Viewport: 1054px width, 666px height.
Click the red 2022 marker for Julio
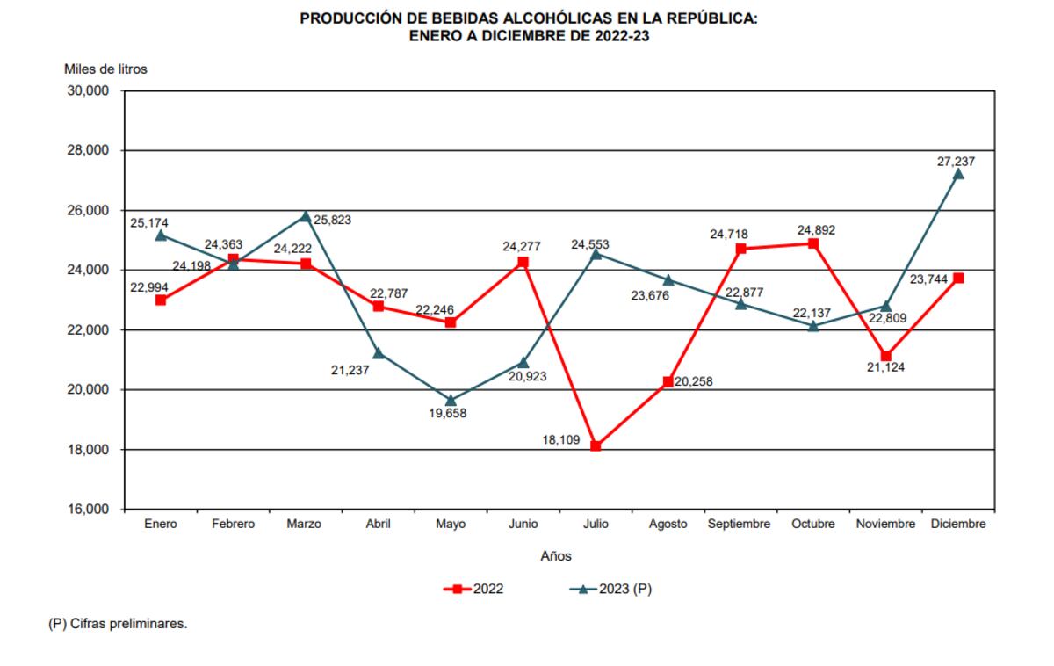pyautogui.click(x=596, y=446)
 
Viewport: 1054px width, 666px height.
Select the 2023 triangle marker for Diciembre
pyautogui.click(x=958, y=174)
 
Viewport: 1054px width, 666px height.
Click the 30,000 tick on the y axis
pyautogui.click(x=87, y=90)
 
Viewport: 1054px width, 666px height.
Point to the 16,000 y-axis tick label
pyautogui.click(x=87, y=510)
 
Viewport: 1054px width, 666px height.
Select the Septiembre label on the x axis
pyautogui.click(x=740, y=525)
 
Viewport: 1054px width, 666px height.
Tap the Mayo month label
pyautogui.click(x=451, y=525)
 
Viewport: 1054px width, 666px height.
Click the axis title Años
pyautogui.click(x=555, y=555)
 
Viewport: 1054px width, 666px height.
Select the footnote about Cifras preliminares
pyautogui.click(x=118, y=626)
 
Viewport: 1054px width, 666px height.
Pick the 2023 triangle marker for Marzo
pyautogui.click(x=306, y=216)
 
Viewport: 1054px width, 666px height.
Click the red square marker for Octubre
pyautogui.click(x=813, y=243)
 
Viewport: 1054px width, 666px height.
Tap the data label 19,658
pyautogui.click(x=450, y=413)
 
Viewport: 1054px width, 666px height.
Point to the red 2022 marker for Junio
pyautogui.click(x=523, y=262)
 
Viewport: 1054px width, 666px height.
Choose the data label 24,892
pyautogui.click(x=815, y=230)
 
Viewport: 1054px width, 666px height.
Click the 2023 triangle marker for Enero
pyautogui.click(x=161, y=235)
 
